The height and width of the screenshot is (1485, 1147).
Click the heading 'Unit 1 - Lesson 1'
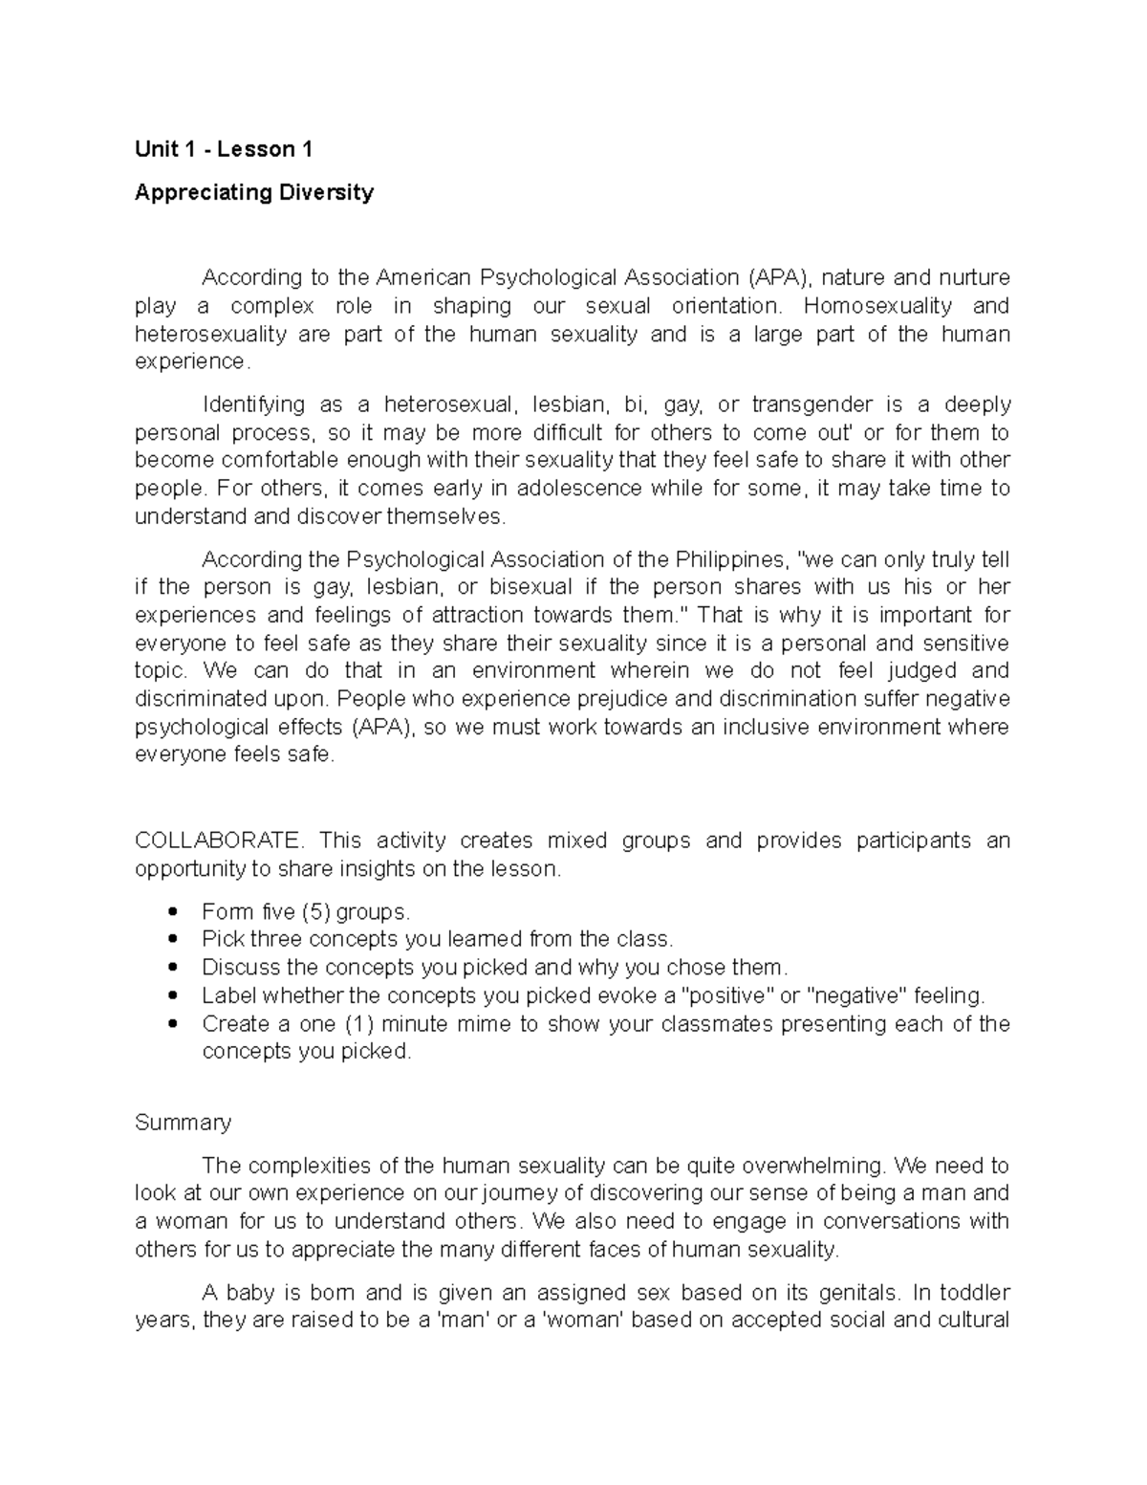[x=224, y=149]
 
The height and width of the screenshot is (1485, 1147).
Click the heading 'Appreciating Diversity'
[x=254, y=192]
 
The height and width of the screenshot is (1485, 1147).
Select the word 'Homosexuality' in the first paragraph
[x=877, y=306]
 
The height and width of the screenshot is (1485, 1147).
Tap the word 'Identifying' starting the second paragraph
[x=253, y=404]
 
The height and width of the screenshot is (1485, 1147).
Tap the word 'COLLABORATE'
[x=218, y=841]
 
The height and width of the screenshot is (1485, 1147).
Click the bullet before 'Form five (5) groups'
[x=172, y=912]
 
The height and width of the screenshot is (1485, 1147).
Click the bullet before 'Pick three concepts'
[x=172, y=940]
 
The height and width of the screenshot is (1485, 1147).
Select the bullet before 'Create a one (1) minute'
[x=172, y=1024]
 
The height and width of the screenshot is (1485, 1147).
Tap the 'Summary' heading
[x=183, y=1122]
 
